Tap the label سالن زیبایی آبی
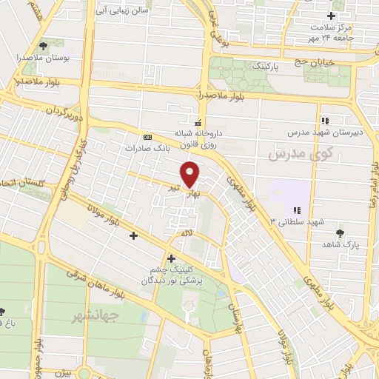click(x=124, y=11)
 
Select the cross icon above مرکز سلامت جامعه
click(x=332, y=16)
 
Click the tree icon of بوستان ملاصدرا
click(x=47, y=44)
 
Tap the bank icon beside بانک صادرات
click(x=147, y=137)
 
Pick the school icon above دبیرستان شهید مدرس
click(x=324, y=120)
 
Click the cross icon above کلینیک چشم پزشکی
click(x=171, y=258)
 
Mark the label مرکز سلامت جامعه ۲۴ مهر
click(x=330, y=32)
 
